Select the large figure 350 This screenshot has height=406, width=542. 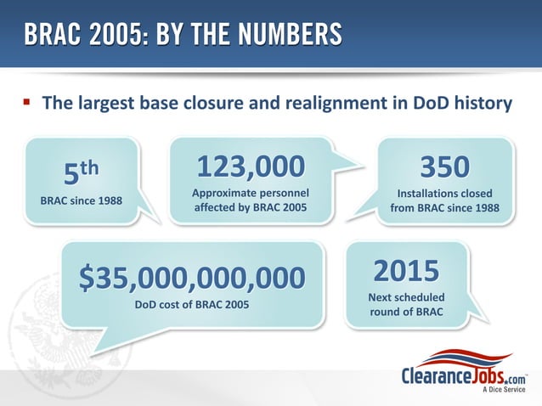point(445,166)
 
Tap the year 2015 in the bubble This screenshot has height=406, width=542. point(406,271)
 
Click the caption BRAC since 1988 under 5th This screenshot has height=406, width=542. point(81,201)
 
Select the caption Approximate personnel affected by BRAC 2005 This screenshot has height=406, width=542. point(250,200)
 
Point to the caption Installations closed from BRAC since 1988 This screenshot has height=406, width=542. point(445,200)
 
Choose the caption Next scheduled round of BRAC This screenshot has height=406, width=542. point(406,306)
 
